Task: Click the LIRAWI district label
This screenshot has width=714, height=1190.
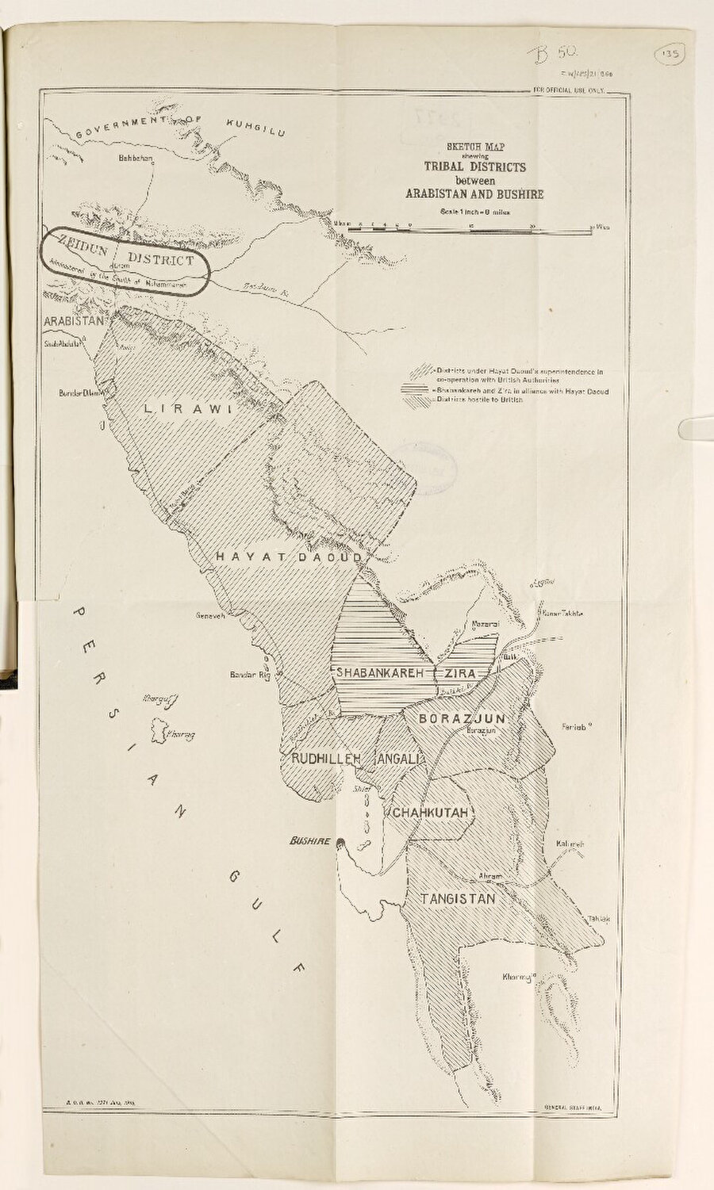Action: click(x=187, y=409)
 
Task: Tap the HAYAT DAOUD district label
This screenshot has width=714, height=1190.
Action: click(x=289, y=557)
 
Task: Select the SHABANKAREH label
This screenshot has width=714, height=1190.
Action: click(x=382, y=672)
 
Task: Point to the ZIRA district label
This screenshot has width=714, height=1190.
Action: click(x=461, y=672)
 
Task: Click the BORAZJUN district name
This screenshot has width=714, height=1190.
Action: click(x=462, y=717)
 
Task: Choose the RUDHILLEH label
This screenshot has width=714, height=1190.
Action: click(x=326, y=759)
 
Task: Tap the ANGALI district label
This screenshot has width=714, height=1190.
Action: click(x=401, y=759)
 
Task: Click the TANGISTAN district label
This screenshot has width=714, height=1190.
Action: click(x=458, y=898)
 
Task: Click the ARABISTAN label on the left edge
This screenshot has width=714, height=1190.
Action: click(x=74, y=321)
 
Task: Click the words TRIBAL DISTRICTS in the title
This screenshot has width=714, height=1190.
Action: click(x=474, y=167)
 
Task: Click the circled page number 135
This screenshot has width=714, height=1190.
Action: click(x=670, y=55)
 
